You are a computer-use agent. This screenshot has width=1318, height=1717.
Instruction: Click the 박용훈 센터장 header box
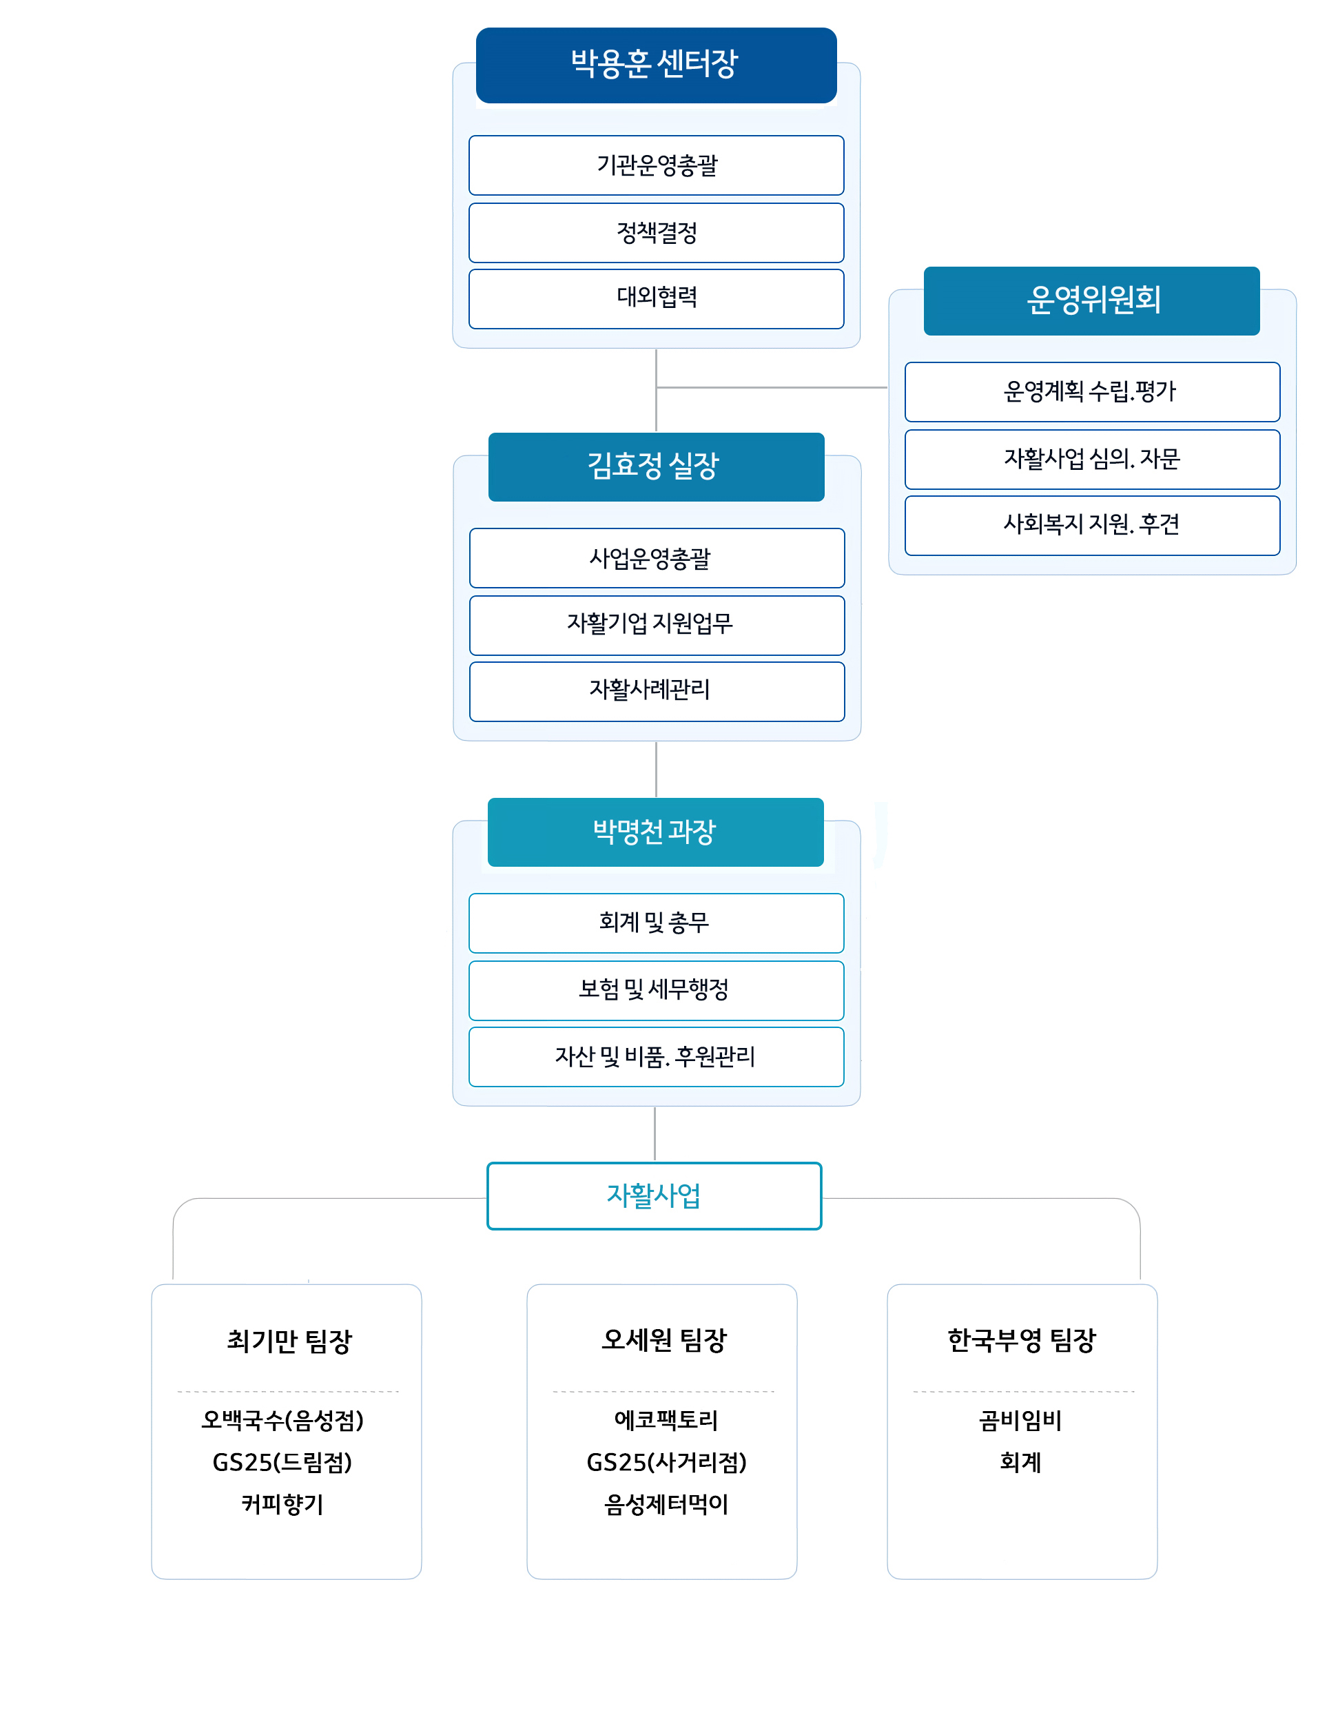pyautogui.click(x=656, y=64)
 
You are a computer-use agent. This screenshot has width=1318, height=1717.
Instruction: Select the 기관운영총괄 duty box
pyautogui.click(x=656, y=165)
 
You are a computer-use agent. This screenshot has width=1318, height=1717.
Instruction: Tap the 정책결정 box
pyautogui.click(x=656, y=233)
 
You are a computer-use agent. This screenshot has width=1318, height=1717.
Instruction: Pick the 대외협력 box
pyautogui.click(x=656, y=298)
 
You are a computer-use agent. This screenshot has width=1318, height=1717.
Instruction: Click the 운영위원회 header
pyautogui.click(x=1091, y=300)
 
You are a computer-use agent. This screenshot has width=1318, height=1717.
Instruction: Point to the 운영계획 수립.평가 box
pyautogui.click(x=1091, y=391)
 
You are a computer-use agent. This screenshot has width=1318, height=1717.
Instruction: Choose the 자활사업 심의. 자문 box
pyautogui.click(x=1091, y=459)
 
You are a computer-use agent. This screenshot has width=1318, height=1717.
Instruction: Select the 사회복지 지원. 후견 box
pyautogui.click(x=1091, y=525)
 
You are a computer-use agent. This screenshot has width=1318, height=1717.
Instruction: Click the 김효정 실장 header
pyautogui.click(x=656, y=466)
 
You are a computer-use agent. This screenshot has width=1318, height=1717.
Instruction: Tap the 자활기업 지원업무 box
pyautogui.click(x=656, y=624)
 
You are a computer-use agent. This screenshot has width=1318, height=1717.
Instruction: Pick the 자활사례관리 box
pyautogui.click(x=656, y=690)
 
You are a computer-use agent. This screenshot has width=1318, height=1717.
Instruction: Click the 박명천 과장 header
pyautogui.click(x=655, y=832)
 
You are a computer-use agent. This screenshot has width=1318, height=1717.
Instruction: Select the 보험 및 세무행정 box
pyautogui.click(x=656, y=990)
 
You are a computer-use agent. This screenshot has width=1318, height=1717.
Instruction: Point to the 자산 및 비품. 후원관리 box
pyautogui.click(x=656, y=1056)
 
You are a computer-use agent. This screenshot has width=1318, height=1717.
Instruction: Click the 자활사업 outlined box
pyautogui.click(x=654, y=1195)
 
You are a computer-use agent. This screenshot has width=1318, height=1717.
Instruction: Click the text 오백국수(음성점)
pyautogui.click(x=282, y=1420)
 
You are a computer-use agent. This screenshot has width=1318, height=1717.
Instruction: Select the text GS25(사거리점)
pyautogui.click(x=666, y=1462)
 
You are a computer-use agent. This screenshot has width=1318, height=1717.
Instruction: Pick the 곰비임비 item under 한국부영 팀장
pyautogui.click(x=1020, y=1421)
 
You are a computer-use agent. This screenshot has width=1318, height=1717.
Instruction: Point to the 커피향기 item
pyautogui.click(x=282, y=1504)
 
